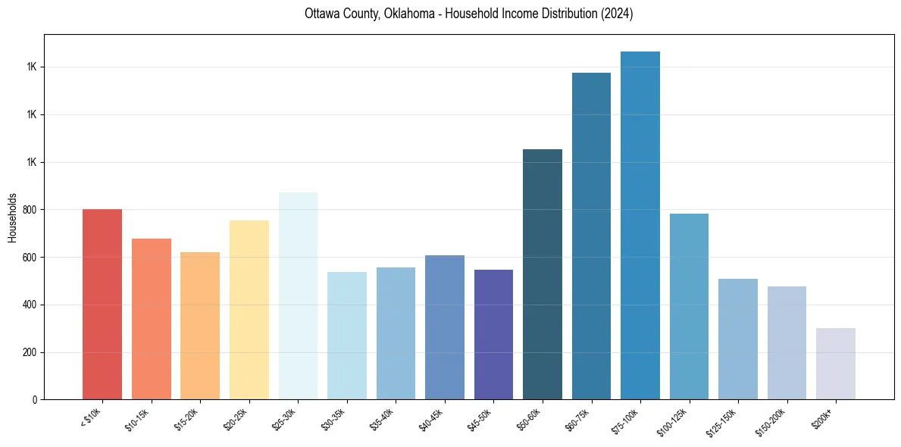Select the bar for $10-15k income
(x=152, y=319)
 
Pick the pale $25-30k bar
(x=298, y=296)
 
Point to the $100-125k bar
(x=689, y=307)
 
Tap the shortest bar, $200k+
(x=836, y=364)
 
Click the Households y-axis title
(x=13, y=217)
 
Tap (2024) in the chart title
(x=615, y=14)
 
